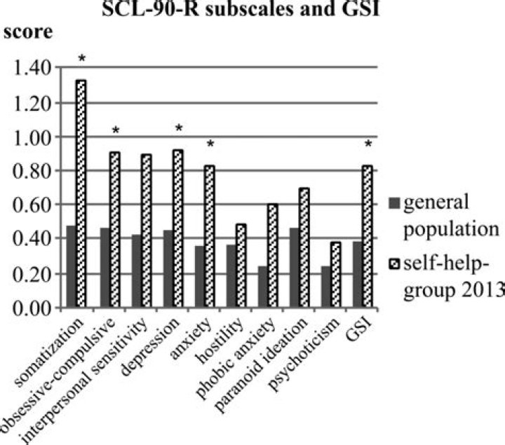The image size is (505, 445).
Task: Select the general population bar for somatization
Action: click(71, 267)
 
